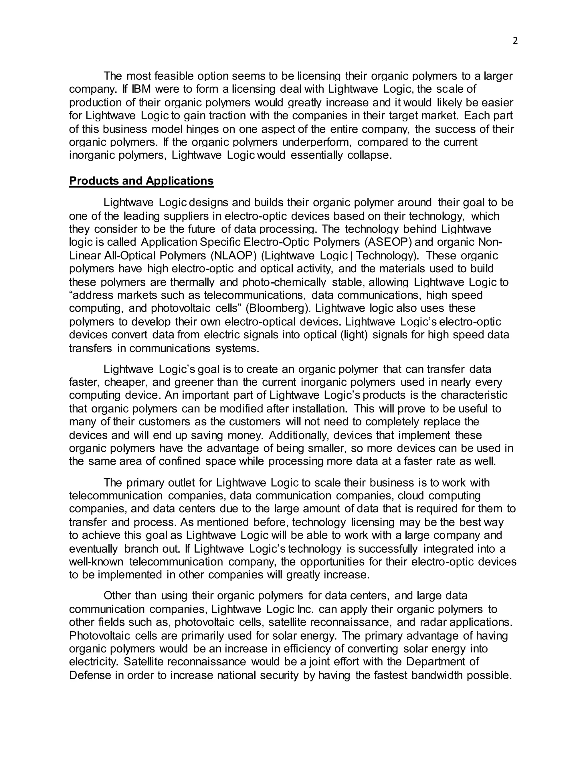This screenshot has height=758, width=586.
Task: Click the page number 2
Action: click(515, 41)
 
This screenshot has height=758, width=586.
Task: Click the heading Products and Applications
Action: click(141, 181)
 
